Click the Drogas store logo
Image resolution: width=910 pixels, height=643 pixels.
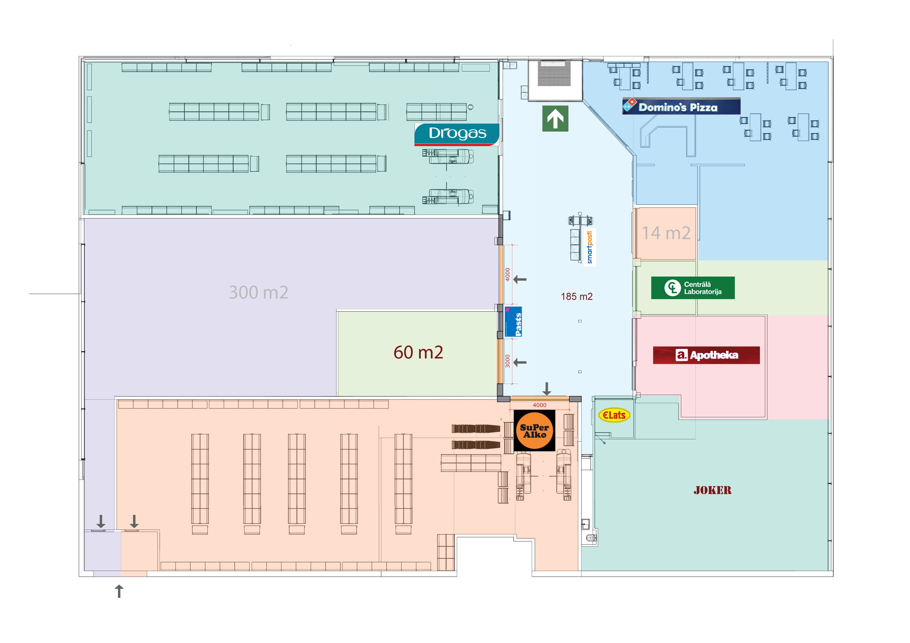(x=457, y=134)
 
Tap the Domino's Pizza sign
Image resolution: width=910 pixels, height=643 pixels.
(x=681, y=107)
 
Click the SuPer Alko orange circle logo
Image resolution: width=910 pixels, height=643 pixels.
(x=534, y=431)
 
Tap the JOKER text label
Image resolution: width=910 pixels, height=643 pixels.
(x=712, y=490)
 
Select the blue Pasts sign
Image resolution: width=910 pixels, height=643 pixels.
(x=514, y=322)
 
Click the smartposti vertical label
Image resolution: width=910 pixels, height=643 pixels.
(x=589, y=247)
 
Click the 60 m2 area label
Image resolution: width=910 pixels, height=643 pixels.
(x=418, y=352)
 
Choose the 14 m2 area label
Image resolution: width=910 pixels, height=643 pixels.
(x=666, y=233)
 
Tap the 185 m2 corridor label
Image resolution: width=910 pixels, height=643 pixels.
(x=576, y=296)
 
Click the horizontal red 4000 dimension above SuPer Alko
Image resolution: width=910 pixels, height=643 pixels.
(x=539, y=405)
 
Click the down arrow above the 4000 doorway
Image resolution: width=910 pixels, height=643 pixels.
(x=547, y=388)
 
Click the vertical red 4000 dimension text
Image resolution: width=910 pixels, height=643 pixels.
(x=507, y=275)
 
